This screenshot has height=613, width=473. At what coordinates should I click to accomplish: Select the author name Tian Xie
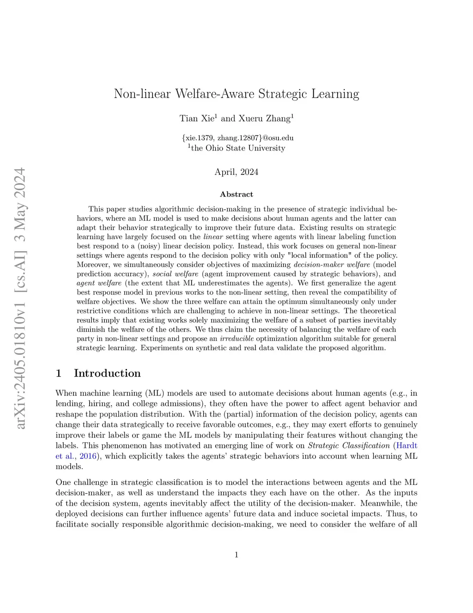[196, 118]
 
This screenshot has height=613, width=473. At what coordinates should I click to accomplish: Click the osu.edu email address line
[237, 138]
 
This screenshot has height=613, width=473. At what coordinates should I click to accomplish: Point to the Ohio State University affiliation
[237, 148]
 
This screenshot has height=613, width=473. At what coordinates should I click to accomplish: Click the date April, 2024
[236, 172]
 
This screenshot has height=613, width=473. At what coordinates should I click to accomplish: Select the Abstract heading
[236, 194]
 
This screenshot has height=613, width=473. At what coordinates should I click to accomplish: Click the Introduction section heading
[107, 373]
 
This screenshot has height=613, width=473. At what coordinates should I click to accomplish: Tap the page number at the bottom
[236, 555]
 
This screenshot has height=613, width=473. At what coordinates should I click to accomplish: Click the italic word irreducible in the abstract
[236, 339]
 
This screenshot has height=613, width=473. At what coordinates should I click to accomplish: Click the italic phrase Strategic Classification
[349, 446]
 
